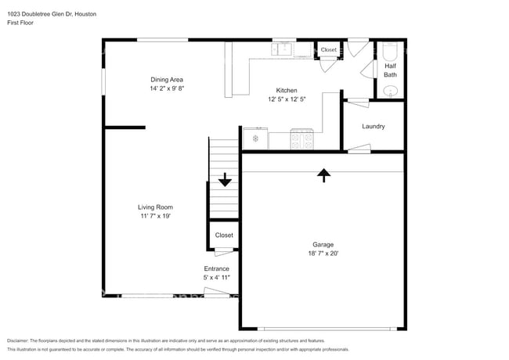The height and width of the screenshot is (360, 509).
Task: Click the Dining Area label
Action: click(167, 80)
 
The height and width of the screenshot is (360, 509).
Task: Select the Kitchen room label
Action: click(285, 90)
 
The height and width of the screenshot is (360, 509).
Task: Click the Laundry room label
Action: click(373, 127)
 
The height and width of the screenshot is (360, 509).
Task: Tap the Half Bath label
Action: click(390, 70)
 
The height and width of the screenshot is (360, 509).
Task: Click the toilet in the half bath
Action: click(391, 52)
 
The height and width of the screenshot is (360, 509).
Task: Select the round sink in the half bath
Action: click(391, 91)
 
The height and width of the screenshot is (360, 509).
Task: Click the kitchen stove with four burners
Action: click(302, 139)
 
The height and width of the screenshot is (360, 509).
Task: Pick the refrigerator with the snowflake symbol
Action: click(255, 139)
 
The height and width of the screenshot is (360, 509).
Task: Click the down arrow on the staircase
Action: click(225, 180)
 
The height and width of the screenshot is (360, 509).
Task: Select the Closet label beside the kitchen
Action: click(329, 50)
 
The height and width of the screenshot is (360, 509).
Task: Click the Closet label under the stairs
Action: click(224, 235)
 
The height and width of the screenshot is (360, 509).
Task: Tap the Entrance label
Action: click(216, 268)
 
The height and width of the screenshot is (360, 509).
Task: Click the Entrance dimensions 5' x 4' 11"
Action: click(216, 277)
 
